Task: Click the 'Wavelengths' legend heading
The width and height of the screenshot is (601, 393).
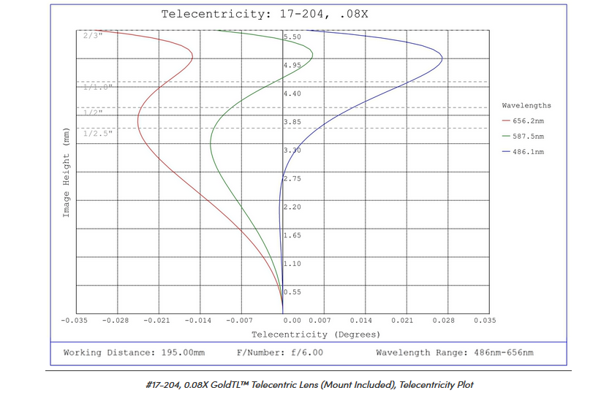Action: point(526,105)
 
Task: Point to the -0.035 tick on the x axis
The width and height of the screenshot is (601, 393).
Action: point(75,320)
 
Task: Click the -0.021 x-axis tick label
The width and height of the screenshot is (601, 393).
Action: point(157,320)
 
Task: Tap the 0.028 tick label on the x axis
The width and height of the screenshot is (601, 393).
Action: point(444,320)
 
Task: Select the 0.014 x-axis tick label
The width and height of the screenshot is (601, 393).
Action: point(362,320)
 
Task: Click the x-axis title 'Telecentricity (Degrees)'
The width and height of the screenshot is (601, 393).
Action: point(316,335)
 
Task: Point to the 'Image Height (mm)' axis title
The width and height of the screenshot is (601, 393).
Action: point(66,175)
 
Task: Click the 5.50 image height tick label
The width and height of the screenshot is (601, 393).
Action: point(292,37)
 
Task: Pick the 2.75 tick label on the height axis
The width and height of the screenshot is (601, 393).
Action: point(292,178)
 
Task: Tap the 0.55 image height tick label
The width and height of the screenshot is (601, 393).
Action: point(292,292)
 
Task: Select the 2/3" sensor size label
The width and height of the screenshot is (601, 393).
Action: point(93,34)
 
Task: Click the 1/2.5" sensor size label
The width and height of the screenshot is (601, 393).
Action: point(99,133)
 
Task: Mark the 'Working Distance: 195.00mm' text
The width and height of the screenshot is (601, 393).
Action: point(134,353)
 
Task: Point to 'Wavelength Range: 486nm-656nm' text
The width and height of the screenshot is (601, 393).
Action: point(454,353)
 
